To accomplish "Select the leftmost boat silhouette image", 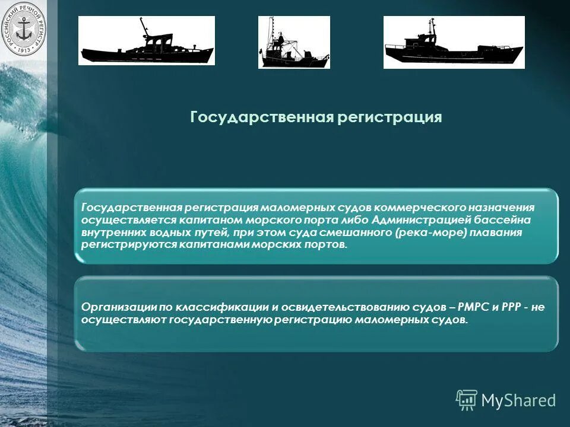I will [x=146, y=41].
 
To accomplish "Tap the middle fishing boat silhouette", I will [x=293, y=42].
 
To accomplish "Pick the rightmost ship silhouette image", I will [x=454, y=42].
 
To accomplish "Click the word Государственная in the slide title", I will [x=262, y=117].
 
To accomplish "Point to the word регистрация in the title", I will [x=389, y=117].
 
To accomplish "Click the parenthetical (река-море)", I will [x=430, y=232].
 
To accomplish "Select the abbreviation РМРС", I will [x=474, y=307].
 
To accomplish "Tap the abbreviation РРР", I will [x=511, y=307].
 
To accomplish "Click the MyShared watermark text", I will [x=518, y=400].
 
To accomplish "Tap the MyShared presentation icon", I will [x=466, y=400].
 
